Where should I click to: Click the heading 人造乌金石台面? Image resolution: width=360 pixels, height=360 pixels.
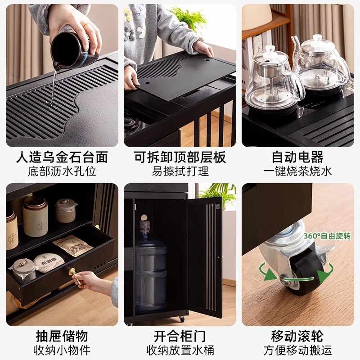tap(62, 157)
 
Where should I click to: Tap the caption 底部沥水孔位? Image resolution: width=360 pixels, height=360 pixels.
tap(62, 171)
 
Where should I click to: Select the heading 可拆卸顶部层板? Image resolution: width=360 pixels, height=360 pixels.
tap(180, 157)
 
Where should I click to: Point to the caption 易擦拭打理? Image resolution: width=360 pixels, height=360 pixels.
tap(180, 171)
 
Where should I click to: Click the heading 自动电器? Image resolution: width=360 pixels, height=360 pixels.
tap(297, 157)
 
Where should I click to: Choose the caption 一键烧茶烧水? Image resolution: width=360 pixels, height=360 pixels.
tap(297, 171)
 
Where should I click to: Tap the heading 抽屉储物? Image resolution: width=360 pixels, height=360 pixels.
tap(62, 336)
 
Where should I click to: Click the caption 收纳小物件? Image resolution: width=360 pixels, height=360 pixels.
tap(62, 350)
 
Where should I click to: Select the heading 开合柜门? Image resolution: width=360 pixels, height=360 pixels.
tap(180, 336)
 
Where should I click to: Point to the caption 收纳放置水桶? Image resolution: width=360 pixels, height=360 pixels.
tap(180, 350)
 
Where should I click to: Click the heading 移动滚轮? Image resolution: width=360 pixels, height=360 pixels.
tap(297, 336)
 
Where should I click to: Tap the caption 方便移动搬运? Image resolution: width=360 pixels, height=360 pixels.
tap(297, 350)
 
